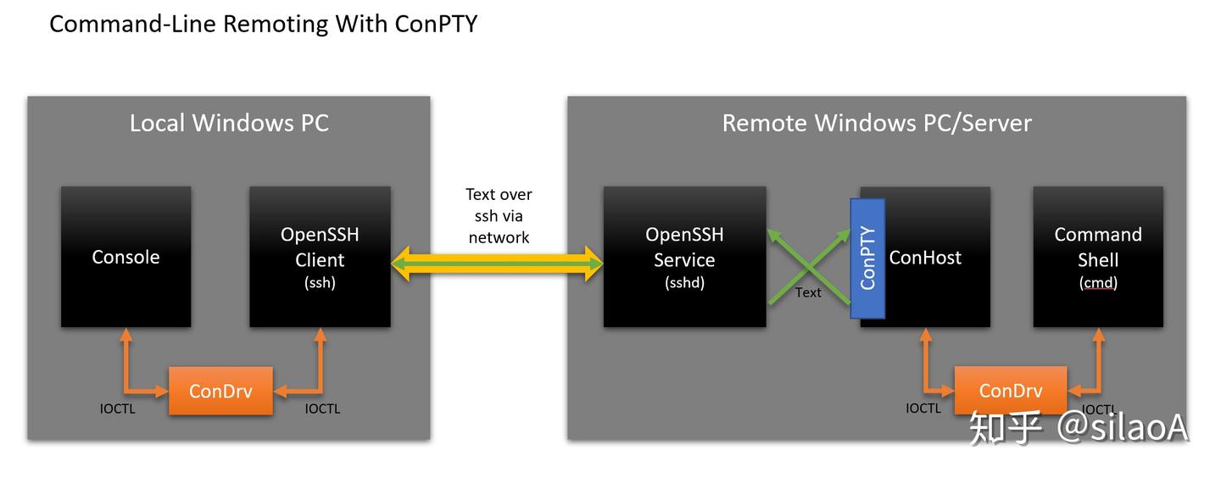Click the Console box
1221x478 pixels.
(x=125, y=257)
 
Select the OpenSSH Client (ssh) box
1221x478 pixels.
(x=320, y=257)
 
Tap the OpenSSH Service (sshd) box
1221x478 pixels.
(x=684, y=257)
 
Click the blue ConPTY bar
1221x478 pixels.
(x=867, y=258)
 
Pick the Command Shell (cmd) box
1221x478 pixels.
(x=1098, y=257)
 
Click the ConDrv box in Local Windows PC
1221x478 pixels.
(x=220, y=391)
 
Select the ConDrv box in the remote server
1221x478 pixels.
(x=1011, y=390)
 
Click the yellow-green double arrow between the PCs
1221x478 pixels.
(x=497, y=264)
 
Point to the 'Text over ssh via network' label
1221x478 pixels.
(x=499, y=216)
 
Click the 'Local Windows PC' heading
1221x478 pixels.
(x=230, y=123)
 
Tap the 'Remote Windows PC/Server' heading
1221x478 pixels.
(x=877, y=123)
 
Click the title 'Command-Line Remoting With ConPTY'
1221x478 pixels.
(x=263, y=24)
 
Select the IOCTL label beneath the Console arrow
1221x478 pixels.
(x=117, y=409)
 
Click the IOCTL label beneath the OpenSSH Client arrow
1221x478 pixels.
(x=323, y=409)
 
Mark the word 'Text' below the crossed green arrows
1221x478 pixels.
(x=808, y=292)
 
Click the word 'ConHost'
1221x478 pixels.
(x=925, y=258)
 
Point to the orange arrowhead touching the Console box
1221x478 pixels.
(x=125, y=334)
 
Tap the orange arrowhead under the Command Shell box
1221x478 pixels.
(x=1099, y=334)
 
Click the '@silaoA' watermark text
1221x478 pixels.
(x=1123, y=427)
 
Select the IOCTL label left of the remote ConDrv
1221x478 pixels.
(x=923, y=409)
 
